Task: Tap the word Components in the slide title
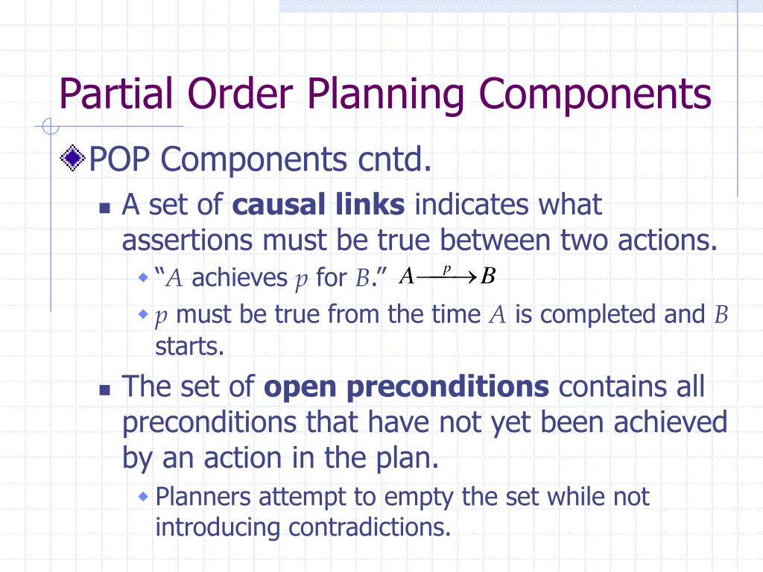[594, 94]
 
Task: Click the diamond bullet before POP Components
[72, 158]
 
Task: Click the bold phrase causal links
[319, 205]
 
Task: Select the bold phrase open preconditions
[407, 387]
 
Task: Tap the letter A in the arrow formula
[406, 277]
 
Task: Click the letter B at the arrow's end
[488, 277]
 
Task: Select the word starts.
[179, 346]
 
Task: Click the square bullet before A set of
[105, 208]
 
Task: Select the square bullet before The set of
[105, 390]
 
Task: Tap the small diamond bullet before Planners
[144, 497]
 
